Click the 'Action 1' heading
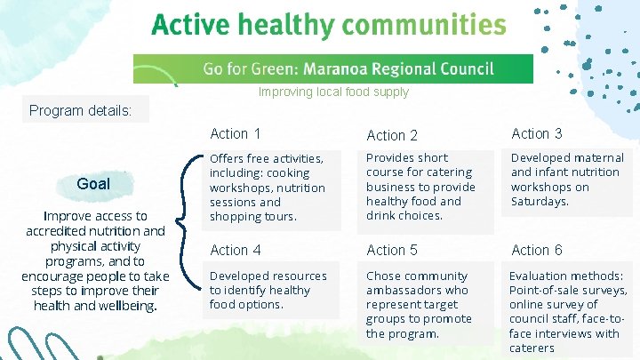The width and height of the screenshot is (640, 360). click(x=235, y=134)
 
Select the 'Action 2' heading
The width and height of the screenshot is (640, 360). click(x=392, y=136)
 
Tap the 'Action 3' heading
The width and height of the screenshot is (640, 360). click(x=536, y=134)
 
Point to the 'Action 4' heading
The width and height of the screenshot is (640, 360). click(x=235, y=251)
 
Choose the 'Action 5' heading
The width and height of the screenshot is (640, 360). click(x=392, y=251)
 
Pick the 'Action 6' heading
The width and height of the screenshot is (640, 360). click(x=536, y=251)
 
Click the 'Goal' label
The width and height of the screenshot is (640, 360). click(x=93, y=184)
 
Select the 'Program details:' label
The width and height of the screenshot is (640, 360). click(x=81, y=111)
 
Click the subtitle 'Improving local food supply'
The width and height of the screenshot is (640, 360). click(x=333, y=92)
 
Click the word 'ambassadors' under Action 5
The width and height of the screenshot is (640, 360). click(x=404, y=291)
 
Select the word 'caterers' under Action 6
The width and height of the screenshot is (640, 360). click(x=532, y=348)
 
